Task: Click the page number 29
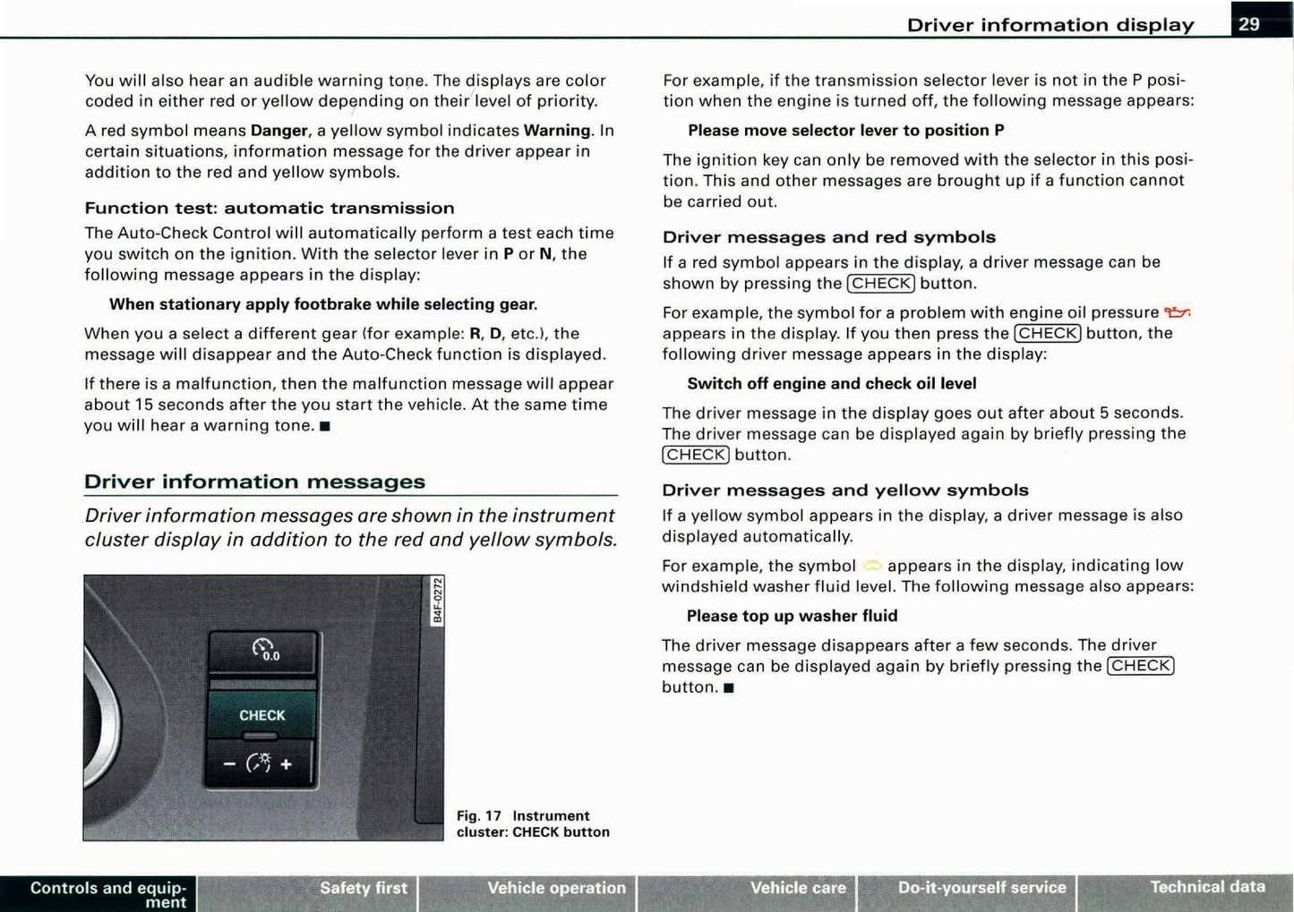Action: point(1249,24)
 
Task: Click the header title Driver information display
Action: point(1050,25)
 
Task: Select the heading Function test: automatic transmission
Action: point(270,208)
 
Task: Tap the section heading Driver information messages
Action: point(255,482)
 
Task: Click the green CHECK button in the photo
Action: point(261,715)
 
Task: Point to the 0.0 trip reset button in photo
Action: point(264,651)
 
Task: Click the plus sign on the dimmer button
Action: point(287,764)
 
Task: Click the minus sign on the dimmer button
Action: point(229,764)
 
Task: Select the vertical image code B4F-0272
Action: point(437,601)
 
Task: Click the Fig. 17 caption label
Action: point(479,816)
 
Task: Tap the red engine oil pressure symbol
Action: point(1177,312)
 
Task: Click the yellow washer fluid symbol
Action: point(872,566)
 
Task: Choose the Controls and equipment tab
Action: point(107,894)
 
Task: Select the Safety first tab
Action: point(363,888)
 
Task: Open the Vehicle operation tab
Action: point(556,888)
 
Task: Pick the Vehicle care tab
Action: point(797,888)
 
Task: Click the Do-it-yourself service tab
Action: point(981,888)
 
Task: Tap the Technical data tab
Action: point(1207,887)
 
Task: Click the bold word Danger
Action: point(279,131)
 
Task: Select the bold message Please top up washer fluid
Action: point(792,616)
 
